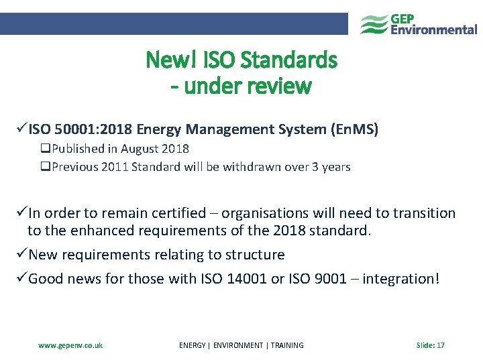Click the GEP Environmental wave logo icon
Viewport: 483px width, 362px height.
[374, 24]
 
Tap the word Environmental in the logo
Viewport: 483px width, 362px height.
[434, 29]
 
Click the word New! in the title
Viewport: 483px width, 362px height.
[167, 61]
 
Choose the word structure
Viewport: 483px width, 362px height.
[250, 255]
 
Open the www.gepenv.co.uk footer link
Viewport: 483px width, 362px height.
[70, 345]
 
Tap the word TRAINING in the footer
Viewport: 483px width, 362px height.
[287, 345]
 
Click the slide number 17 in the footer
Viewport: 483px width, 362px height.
[441, 345]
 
